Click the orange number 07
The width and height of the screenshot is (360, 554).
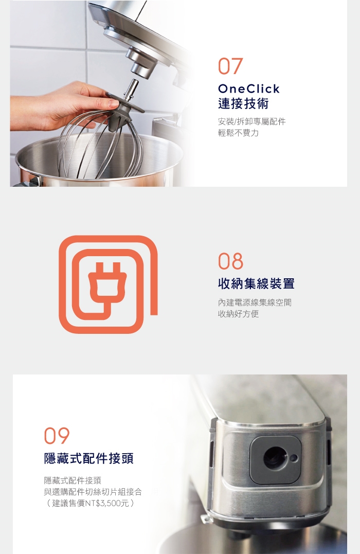[x=230, y=66]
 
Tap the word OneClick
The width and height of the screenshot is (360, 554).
[x=249, y=88]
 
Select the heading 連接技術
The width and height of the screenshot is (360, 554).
[x=243, y=103]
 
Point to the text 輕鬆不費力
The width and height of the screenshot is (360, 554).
[x=238, y=133]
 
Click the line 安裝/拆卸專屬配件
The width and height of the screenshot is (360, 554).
[x=251, y=121]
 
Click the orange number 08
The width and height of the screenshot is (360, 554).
[x=230, y=261]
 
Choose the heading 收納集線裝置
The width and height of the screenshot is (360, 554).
[x=256, y=283]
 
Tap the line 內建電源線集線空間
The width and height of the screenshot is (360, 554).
[x=255, y=302]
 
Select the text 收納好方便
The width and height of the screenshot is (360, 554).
[x=238, y=314]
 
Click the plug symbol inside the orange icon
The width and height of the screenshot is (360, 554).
[x=105, y=282]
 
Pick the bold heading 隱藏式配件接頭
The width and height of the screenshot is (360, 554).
[x=88, y=458]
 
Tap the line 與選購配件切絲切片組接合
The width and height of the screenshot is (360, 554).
[x=93, y=492]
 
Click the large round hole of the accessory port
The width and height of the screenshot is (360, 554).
[x=276, y=458]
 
